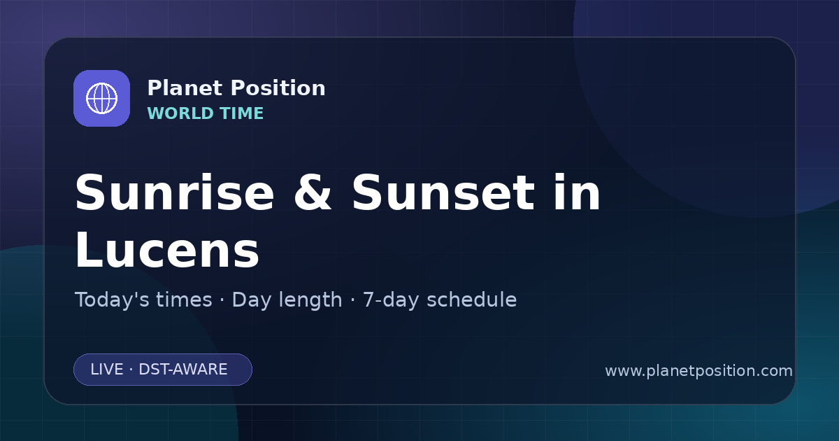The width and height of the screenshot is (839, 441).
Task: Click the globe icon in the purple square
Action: [x=101, y=98]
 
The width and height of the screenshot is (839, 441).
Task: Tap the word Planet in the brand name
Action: [x=185, y=88]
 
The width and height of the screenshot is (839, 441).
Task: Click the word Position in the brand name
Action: [x=278, y=88]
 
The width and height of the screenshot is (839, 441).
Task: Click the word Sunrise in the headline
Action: [x=175, y=192]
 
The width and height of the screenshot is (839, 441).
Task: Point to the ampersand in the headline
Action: [x=313, y=192]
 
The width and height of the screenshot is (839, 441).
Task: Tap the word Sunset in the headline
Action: [x=443, y=192]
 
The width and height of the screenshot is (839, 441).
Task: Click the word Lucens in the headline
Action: [x=167, y=250]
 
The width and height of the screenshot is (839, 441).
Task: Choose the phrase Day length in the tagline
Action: [x=287, y=300]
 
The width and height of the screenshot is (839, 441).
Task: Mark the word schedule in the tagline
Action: [x=472, y=300]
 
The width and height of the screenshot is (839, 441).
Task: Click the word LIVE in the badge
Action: [x=107, y=370]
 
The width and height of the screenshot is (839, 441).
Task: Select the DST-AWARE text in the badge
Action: [x=183, y=370]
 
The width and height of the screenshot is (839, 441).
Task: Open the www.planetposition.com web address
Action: [x=699, y=371]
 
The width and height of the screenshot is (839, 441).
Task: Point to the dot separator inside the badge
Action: [x=131, y=370]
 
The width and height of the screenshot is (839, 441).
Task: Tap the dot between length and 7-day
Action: [x=352, y=300]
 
